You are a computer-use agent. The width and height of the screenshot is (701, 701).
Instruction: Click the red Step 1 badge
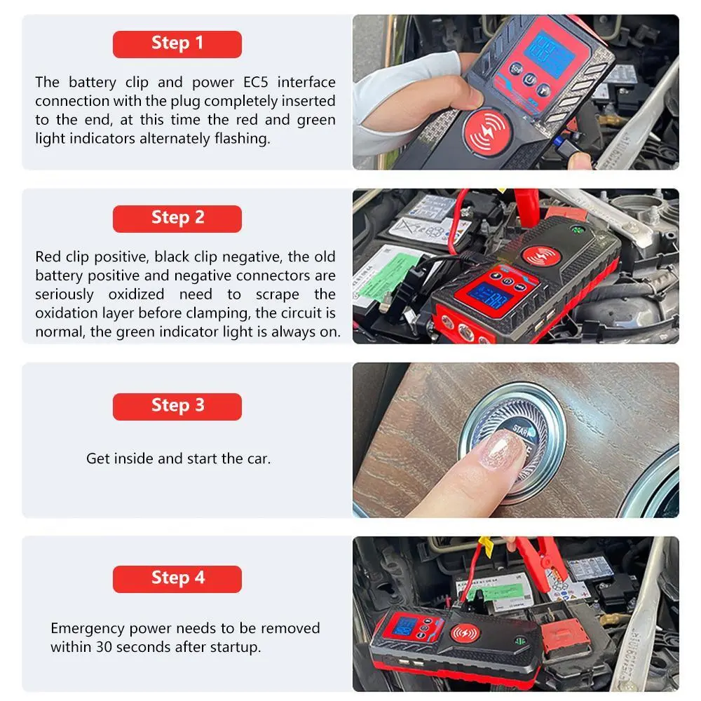pyautogui.click(x=177, y=44)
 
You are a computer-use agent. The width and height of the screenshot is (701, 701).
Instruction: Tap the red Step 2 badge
pyautogui.click(x=177, y=219)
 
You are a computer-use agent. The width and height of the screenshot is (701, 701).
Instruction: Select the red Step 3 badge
pyautogui.click(x=177, y=407)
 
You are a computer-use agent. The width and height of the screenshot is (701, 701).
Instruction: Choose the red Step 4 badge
pyautogui.click(x=177, y=579)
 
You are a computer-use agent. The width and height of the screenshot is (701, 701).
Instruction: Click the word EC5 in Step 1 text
pyautogui.click(x=255, y=82)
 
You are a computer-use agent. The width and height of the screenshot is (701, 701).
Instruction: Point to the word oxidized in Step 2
pyautogui.click(x=136, y=294)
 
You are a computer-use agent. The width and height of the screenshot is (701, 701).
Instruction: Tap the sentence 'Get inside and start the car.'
pyautogui.click(x=178, y=458)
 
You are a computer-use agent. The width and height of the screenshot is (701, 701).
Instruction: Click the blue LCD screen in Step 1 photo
pyautogui.click(x=549, y=53)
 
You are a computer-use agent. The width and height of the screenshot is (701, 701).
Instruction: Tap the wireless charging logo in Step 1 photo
pyautogui.click(x=487, y=132)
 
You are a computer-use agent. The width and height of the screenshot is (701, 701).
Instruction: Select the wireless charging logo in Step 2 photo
pyautogui.click(x=539, y=256)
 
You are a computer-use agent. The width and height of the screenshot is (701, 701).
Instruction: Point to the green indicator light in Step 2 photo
pyautogui.click(x=577, y=231)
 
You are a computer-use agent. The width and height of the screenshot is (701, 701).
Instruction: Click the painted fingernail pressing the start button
pyautogui.click(x=503, y=450)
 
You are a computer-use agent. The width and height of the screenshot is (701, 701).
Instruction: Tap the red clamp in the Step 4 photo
pyautogui.click(x=543, y=557)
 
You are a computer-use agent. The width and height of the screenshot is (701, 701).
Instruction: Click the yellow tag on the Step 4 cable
pyautogui.click(x=484, y=546)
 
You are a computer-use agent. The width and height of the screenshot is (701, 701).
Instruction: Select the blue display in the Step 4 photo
pyautogui.click(x=405, y=626)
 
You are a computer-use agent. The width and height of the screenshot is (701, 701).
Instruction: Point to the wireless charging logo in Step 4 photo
pyautogui.click(x=465, y=633)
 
